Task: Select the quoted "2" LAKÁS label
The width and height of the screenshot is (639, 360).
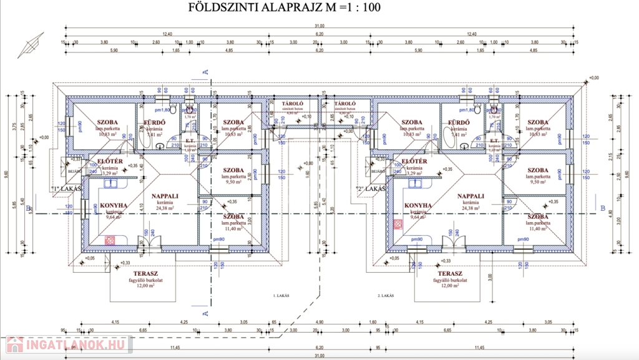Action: click(369, 188)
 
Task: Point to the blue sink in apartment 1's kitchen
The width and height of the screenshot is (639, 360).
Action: click(110, 183)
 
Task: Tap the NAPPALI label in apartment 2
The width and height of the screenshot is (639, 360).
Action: click(471, 196)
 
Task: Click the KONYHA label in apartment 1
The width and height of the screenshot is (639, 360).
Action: click(114, 205)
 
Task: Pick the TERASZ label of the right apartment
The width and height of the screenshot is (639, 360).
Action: click(449, 273)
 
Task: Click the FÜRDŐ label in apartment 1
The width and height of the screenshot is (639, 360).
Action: click(154, 122)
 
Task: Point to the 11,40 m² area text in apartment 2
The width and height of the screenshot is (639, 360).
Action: click(538, 229)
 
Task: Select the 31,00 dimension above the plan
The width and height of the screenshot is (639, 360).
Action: click(319, 26)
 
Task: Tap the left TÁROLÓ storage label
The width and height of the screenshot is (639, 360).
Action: click(293, 104)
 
